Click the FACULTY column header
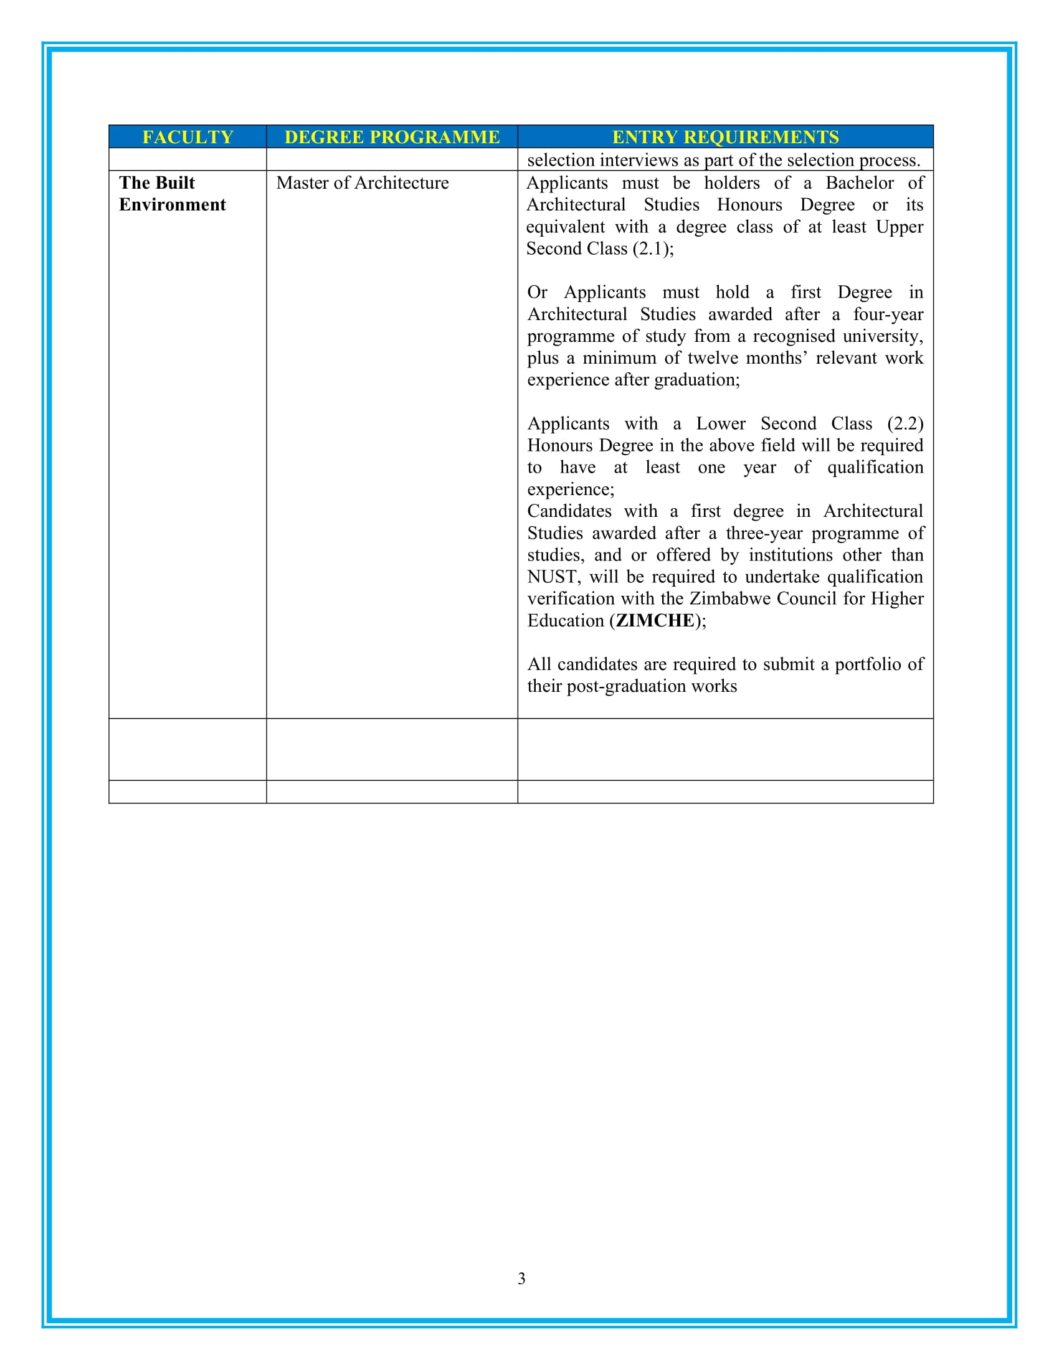click(188, 137)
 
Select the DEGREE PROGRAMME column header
click(392, 137)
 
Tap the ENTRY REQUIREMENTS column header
click(725, 137)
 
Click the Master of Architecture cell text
click(363, 182)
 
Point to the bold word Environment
click(173, 204)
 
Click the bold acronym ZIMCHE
click(655, 620)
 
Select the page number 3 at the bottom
click(521, 1278)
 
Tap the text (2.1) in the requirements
click(652, 248)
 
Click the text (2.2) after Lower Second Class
click(905, 423)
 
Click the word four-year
click(888, 314)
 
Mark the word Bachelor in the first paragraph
click(860, 182)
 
